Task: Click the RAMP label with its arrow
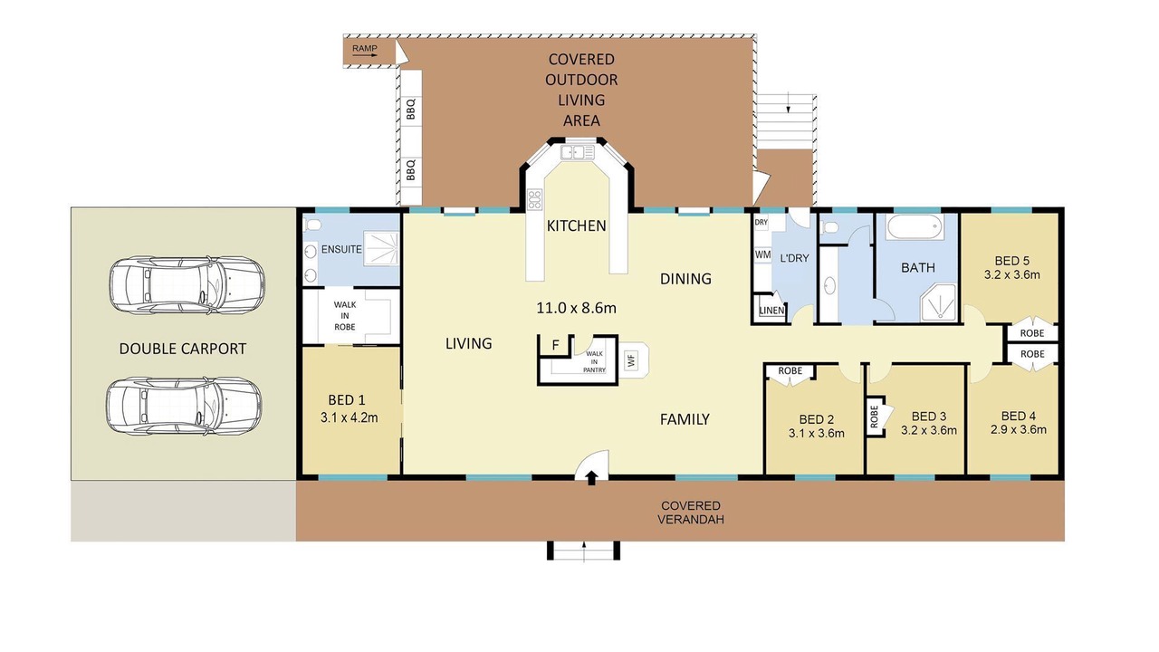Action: (x=365, y=50)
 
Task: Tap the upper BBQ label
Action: (x=411, y=110)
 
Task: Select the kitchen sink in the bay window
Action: (x=578, y=152)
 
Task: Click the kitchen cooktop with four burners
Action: (x=534, y=200)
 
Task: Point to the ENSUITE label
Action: (x=341, y=249)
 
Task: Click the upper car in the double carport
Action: (x=187, y=284)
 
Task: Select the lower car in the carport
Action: (x=184, y=406)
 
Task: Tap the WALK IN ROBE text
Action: (x=345, y=316)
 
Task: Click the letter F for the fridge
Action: (x=555, y=345)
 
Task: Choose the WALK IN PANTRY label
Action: (x=594, y=361)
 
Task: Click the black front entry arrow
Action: (x=592, y=478)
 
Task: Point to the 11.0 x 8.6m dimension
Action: (x=577, y=308)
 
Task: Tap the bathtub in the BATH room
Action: (x=915, y=226)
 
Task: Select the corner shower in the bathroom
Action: (x=938, y=302)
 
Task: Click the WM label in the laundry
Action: (x=762, y=254)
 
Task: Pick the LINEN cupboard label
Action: (x=772, y=311)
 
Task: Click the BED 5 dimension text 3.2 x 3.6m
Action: (x=1012, y=274)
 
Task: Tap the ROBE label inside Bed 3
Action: (x=875, y=417)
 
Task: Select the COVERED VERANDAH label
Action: (x=691, y=513)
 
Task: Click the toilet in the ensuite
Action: (x=313, y=225)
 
